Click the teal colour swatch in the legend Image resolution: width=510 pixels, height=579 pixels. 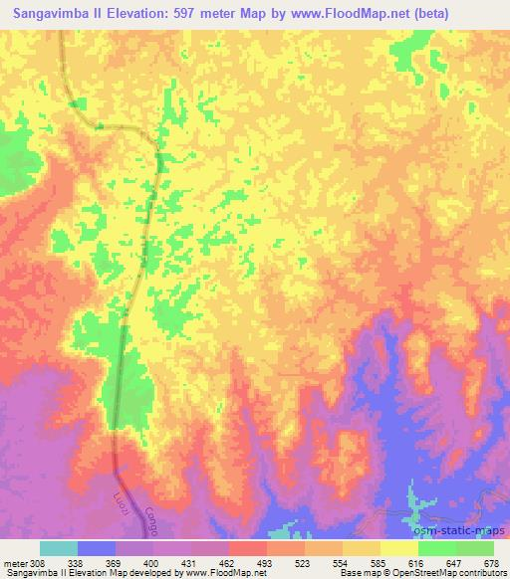[59, 547]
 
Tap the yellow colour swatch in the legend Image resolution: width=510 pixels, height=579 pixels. [399, 547]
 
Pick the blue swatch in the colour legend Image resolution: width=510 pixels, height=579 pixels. [97, 547]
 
